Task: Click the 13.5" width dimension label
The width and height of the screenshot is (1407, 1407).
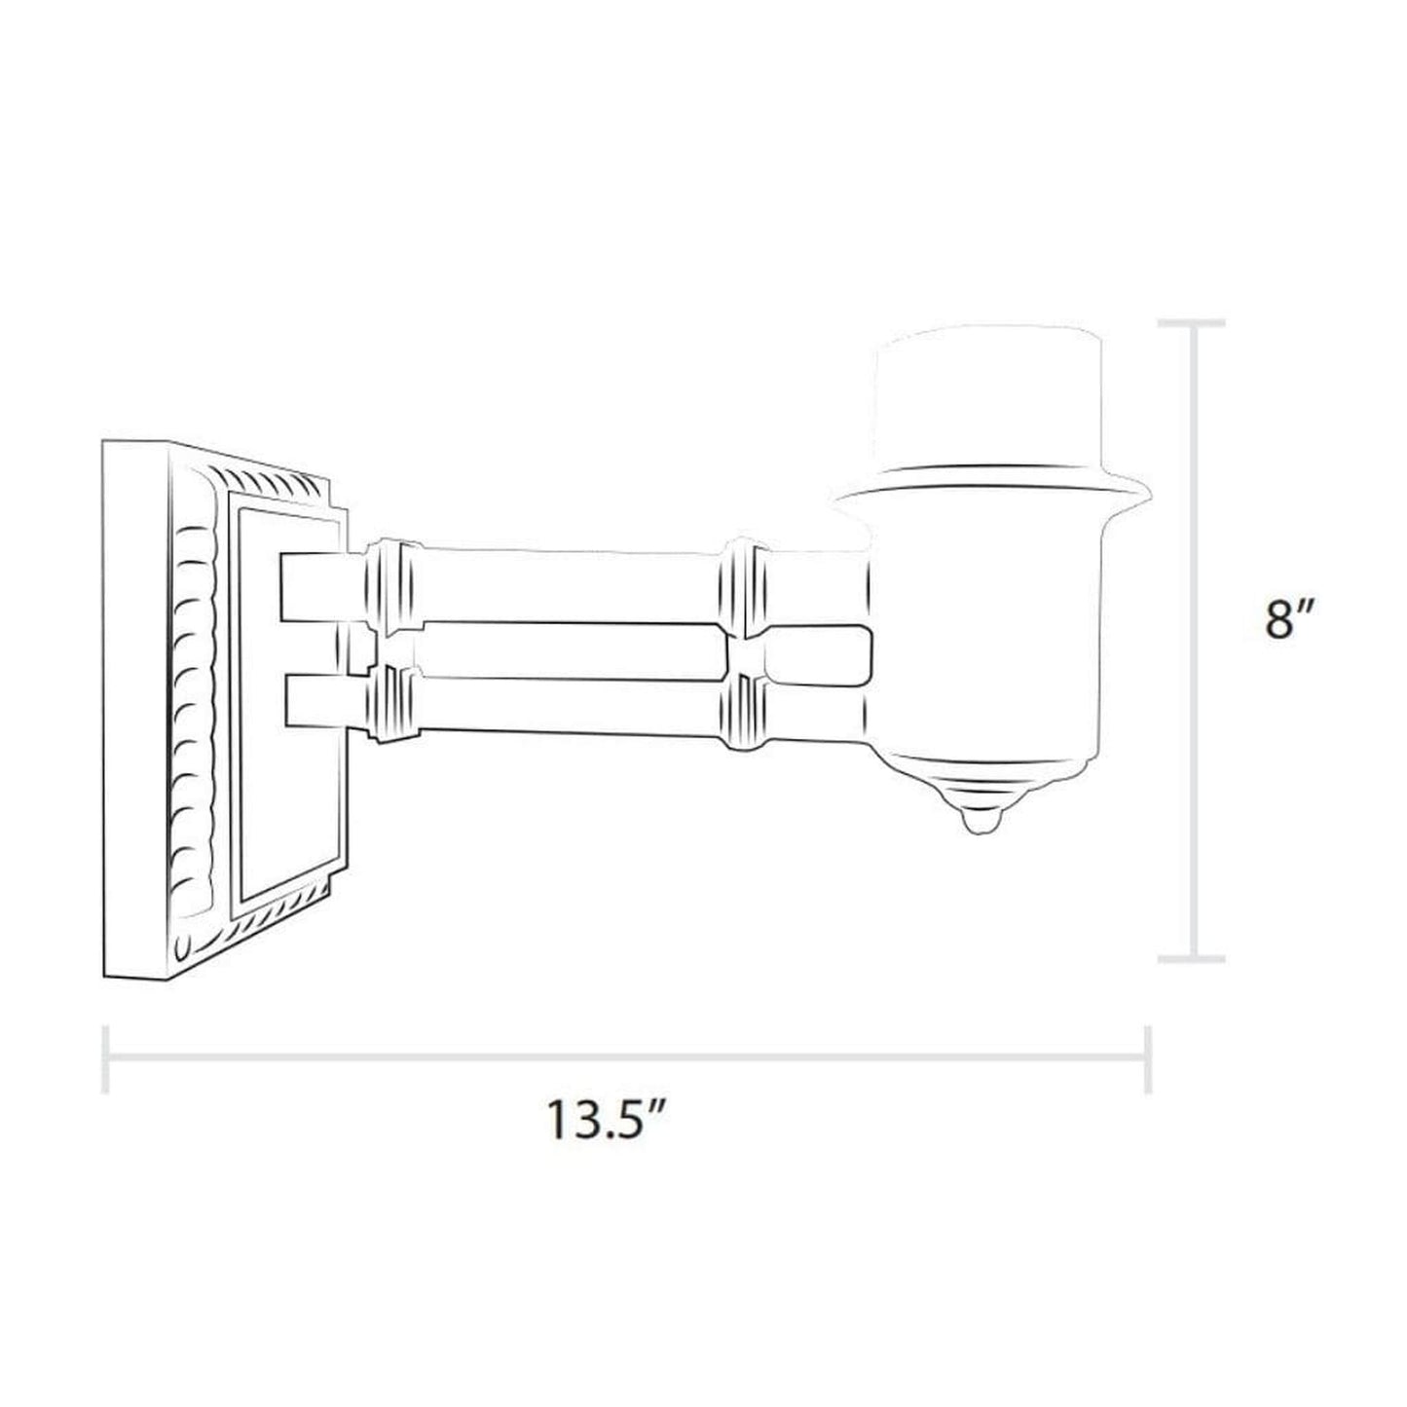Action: (605, 1119)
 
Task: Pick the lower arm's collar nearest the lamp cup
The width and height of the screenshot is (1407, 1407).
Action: (745, 713)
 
